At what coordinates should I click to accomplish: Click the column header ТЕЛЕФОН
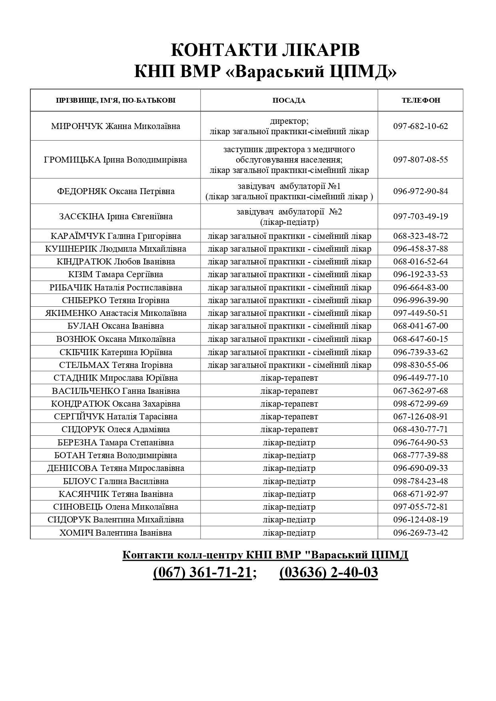[420, 100]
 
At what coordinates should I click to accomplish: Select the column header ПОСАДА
[289, 100]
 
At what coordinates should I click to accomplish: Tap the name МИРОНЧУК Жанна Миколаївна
[116, 126]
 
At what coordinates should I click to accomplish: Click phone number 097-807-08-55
[420, 160]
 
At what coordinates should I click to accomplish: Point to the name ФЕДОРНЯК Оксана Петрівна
[116, 191]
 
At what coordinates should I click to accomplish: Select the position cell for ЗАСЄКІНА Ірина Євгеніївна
[289, 216]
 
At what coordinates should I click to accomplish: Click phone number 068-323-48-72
[420, 236]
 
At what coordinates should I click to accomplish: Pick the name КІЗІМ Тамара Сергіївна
[116, 274]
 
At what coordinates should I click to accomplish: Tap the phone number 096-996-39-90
[420, 300]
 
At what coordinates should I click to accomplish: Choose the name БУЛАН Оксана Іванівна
[116, 326]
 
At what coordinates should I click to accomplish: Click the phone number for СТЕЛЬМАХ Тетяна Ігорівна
[420, 365]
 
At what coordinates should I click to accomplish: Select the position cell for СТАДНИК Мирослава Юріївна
[289, 378]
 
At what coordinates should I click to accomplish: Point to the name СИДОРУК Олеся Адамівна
[116, 429]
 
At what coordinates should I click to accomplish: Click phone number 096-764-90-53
[420, 443]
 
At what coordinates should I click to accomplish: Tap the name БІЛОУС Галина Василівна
[116, 481]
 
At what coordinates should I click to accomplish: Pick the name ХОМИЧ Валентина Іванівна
[116, 533]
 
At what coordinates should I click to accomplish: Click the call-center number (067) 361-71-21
[202, 572]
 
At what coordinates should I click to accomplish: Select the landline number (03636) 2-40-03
[329, 572]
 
